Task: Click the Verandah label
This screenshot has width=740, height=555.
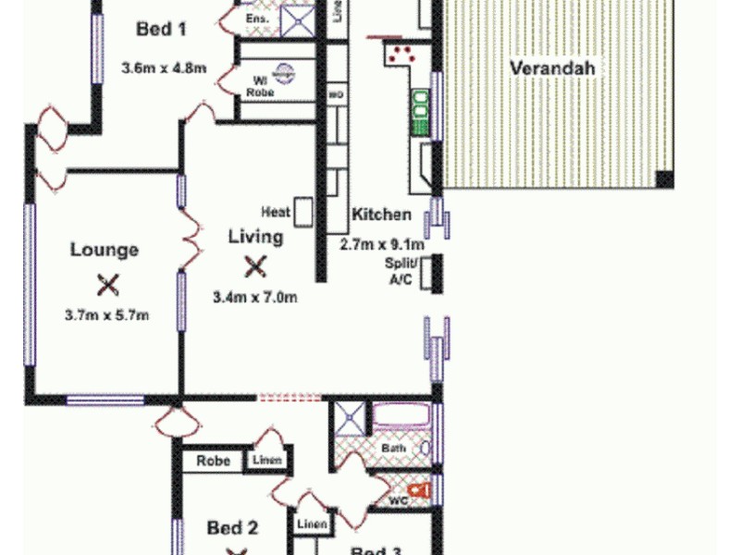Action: click(x=551, y=68)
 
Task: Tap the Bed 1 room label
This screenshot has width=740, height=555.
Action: click(x=162, y=30)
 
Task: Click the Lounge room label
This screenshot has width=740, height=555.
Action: click(x=105, y=250)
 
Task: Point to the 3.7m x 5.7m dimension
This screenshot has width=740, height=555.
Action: click(x=107, y=315)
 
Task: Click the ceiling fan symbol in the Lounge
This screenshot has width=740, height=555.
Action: click(x=108, y=284)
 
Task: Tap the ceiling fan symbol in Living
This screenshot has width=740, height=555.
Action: click(x=254, y=267)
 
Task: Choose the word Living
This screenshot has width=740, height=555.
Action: click(x=255, y=237)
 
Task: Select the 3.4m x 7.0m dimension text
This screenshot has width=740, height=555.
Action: click(x=254, y=297)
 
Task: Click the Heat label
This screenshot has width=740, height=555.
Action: click(x=276, y=213)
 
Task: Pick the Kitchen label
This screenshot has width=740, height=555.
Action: click(x=381, y=215)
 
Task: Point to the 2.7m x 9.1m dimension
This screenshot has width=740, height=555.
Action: click(x=382, y=244)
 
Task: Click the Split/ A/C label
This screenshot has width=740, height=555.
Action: click(x=402, y=271)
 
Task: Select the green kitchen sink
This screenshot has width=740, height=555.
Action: click(x=420, y=107)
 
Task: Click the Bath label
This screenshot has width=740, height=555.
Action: click(x=394, y=449)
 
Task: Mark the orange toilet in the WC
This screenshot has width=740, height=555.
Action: click(x=420, y=489)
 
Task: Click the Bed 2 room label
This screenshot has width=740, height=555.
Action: click(x=231, y=528)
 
